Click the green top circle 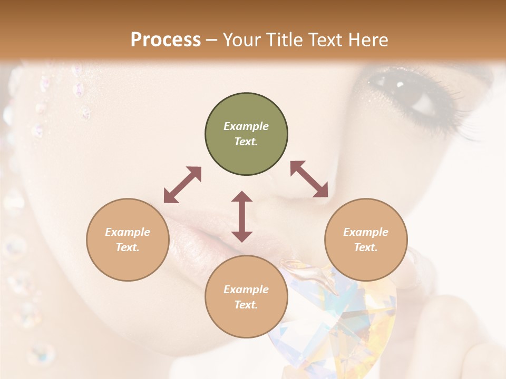click(246, 134)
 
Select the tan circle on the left click(128, 240)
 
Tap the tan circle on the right click(366, 240)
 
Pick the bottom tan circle click(246, 297)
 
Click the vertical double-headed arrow click(242, 216)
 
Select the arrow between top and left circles click(182, 185)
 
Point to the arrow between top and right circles click(309, 179)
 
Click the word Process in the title click(166, 39)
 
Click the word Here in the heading click(367, 39)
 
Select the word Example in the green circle click(246, 126)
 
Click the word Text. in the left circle click(128, 247)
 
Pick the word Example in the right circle click(366, 232)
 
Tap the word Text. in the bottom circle click(246, 305)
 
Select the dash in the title click(212, 40)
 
